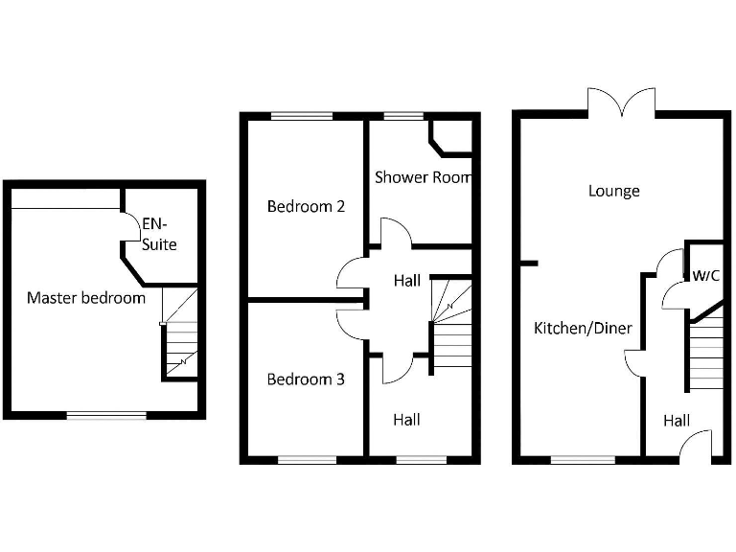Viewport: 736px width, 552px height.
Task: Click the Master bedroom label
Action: tap(86, 298)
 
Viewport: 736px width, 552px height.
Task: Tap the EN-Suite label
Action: tap(159, 234)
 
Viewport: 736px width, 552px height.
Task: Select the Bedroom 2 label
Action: tap(306, 206)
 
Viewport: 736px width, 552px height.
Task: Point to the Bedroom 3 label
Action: tap(306, 379)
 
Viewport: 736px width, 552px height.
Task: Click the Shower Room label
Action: tap(423, 177)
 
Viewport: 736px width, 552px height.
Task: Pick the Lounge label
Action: tap(613, 191)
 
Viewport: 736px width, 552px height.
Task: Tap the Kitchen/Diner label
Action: tap(583, 329)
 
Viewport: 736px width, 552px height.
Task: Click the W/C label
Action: tap(706, 275)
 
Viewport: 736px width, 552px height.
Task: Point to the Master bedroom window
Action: tap(105, 415)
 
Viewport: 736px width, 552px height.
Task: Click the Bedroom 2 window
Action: tap(301, 117)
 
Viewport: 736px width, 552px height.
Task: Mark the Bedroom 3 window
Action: tap(307, 460)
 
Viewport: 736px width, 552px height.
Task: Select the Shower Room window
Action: tap(403, 117)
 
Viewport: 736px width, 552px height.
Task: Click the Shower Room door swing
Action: tap(396, 234)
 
